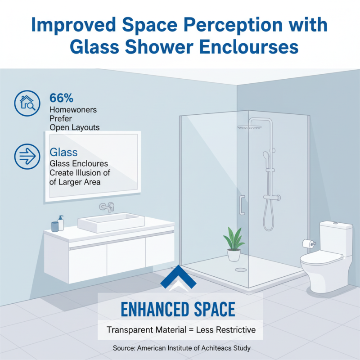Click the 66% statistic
(x=61, y=98)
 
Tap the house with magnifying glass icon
(x=25, y=103)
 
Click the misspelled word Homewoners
(x=73, y=109)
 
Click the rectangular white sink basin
(x=111, y=222)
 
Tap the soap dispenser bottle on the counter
(x=61, y=222)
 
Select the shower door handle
(x=242, y=205)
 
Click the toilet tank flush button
(x=335, y=222)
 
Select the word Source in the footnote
(x=124, y=348)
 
